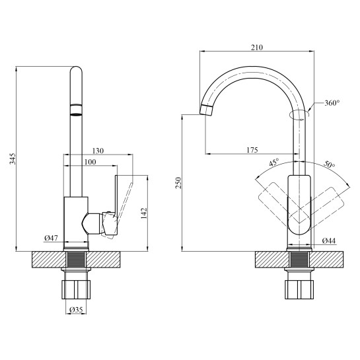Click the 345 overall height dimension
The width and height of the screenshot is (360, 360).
tap(13, 159)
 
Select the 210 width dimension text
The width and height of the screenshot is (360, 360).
tap(257, 48)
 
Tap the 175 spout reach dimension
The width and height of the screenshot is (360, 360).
tap(252, 150)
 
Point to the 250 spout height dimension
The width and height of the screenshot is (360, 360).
tap(178, 183)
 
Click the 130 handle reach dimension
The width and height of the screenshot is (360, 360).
tap(98, 151)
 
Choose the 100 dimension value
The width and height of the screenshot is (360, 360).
tap(90, 162)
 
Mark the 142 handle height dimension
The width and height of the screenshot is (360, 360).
tap(143, 213)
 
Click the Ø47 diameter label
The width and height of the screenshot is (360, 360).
tap(52, 238)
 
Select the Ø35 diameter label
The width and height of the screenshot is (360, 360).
tap(76, 310)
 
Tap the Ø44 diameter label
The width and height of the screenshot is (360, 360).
tap(328, 241)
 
